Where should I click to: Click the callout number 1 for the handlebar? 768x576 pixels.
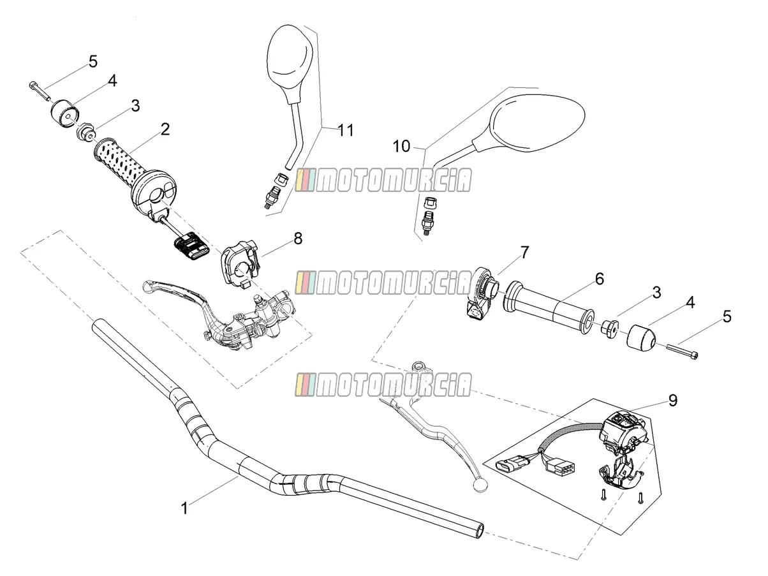(x=184, y=508)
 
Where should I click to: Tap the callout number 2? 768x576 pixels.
(x=165, y=129)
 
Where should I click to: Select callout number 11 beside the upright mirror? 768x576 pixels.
(x=346, y=130)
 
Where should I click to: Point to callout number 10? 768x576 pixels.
(x=401, y=146)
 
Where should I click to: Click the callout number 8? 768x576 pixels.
(x=298, y=239)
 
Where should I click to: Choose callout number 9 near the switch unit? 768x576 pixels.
(x=673, y=401)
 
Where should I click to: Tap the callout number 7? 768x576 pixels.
(x=525, y=253)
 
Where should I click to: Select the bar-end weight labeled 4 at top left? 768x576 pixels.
(x=65, y=114)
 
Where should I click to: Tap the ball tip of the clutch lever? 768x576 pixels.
(x=478, y=485)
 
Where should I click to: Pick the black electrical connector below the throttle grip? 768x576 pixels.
(x=191, y=246)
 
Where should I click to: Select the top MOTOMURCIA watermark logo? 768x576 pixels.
(x=383, y=180)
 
